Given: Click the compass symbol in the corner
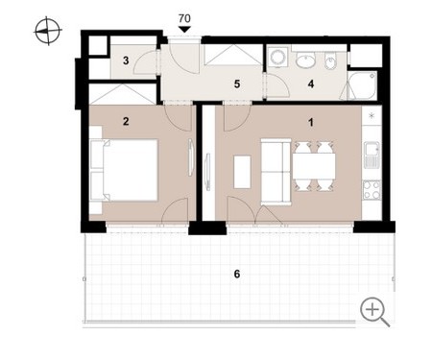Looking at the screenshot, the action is coord(48,31).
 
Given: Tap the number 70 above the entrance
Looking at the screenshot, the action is coord(184,18).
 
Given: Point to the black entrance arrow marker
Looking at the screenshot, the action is coord(184,30).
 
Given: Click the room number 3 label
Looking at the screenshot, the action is coord(126,60).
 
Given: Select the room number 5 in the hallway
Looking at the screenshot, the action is coord(237,84).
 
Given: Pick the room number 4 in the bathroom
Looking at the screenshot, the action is coord(311,84).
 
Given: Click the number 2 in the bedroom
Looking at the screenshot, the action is coord(126,121).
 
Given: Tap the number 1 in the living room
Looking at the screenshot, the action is coord(311,122).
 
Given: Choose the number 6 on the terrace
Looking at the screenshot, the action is coord(237,274).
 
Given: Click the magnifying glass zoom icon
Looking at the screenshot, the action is coord(374,312).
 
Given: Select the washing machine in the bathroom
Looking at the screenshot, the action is coord(277,58).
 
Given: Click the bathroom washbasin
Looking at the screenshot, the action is coord(305,60).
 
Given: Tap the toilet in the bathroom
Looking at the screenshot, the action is coord(330,60).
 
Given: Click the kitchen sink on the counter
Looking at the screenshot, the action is coord(372,155).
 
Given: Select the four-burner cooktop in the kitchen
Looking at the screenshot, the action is coord(372,190).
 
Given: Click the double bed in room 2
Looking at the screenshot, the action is coord(126,170).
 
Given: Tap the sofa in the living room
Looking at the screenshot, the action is coord(276,172).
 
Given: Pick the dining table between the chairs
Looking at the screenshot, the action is coord(314,166).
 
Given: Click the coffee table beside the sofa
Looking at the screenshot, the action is coord(242,172).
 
